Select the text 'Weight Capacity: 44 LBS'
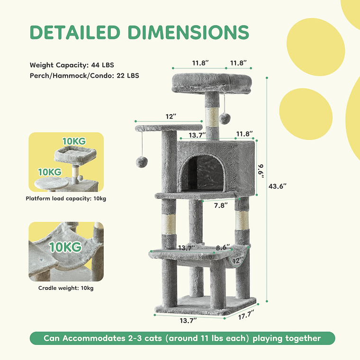tap(72, 65)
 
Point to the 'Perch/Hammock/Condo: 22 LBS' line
tap(84, 75)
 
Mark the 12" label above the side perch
tap(171, 116)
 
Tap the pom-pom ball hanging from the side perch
tap(141, 162)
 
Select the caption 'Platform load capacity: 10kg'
tap(66, 198)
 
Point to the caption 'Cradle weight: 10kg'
tap(66, 288)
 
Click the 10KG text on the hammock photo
tap(66, 247)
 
